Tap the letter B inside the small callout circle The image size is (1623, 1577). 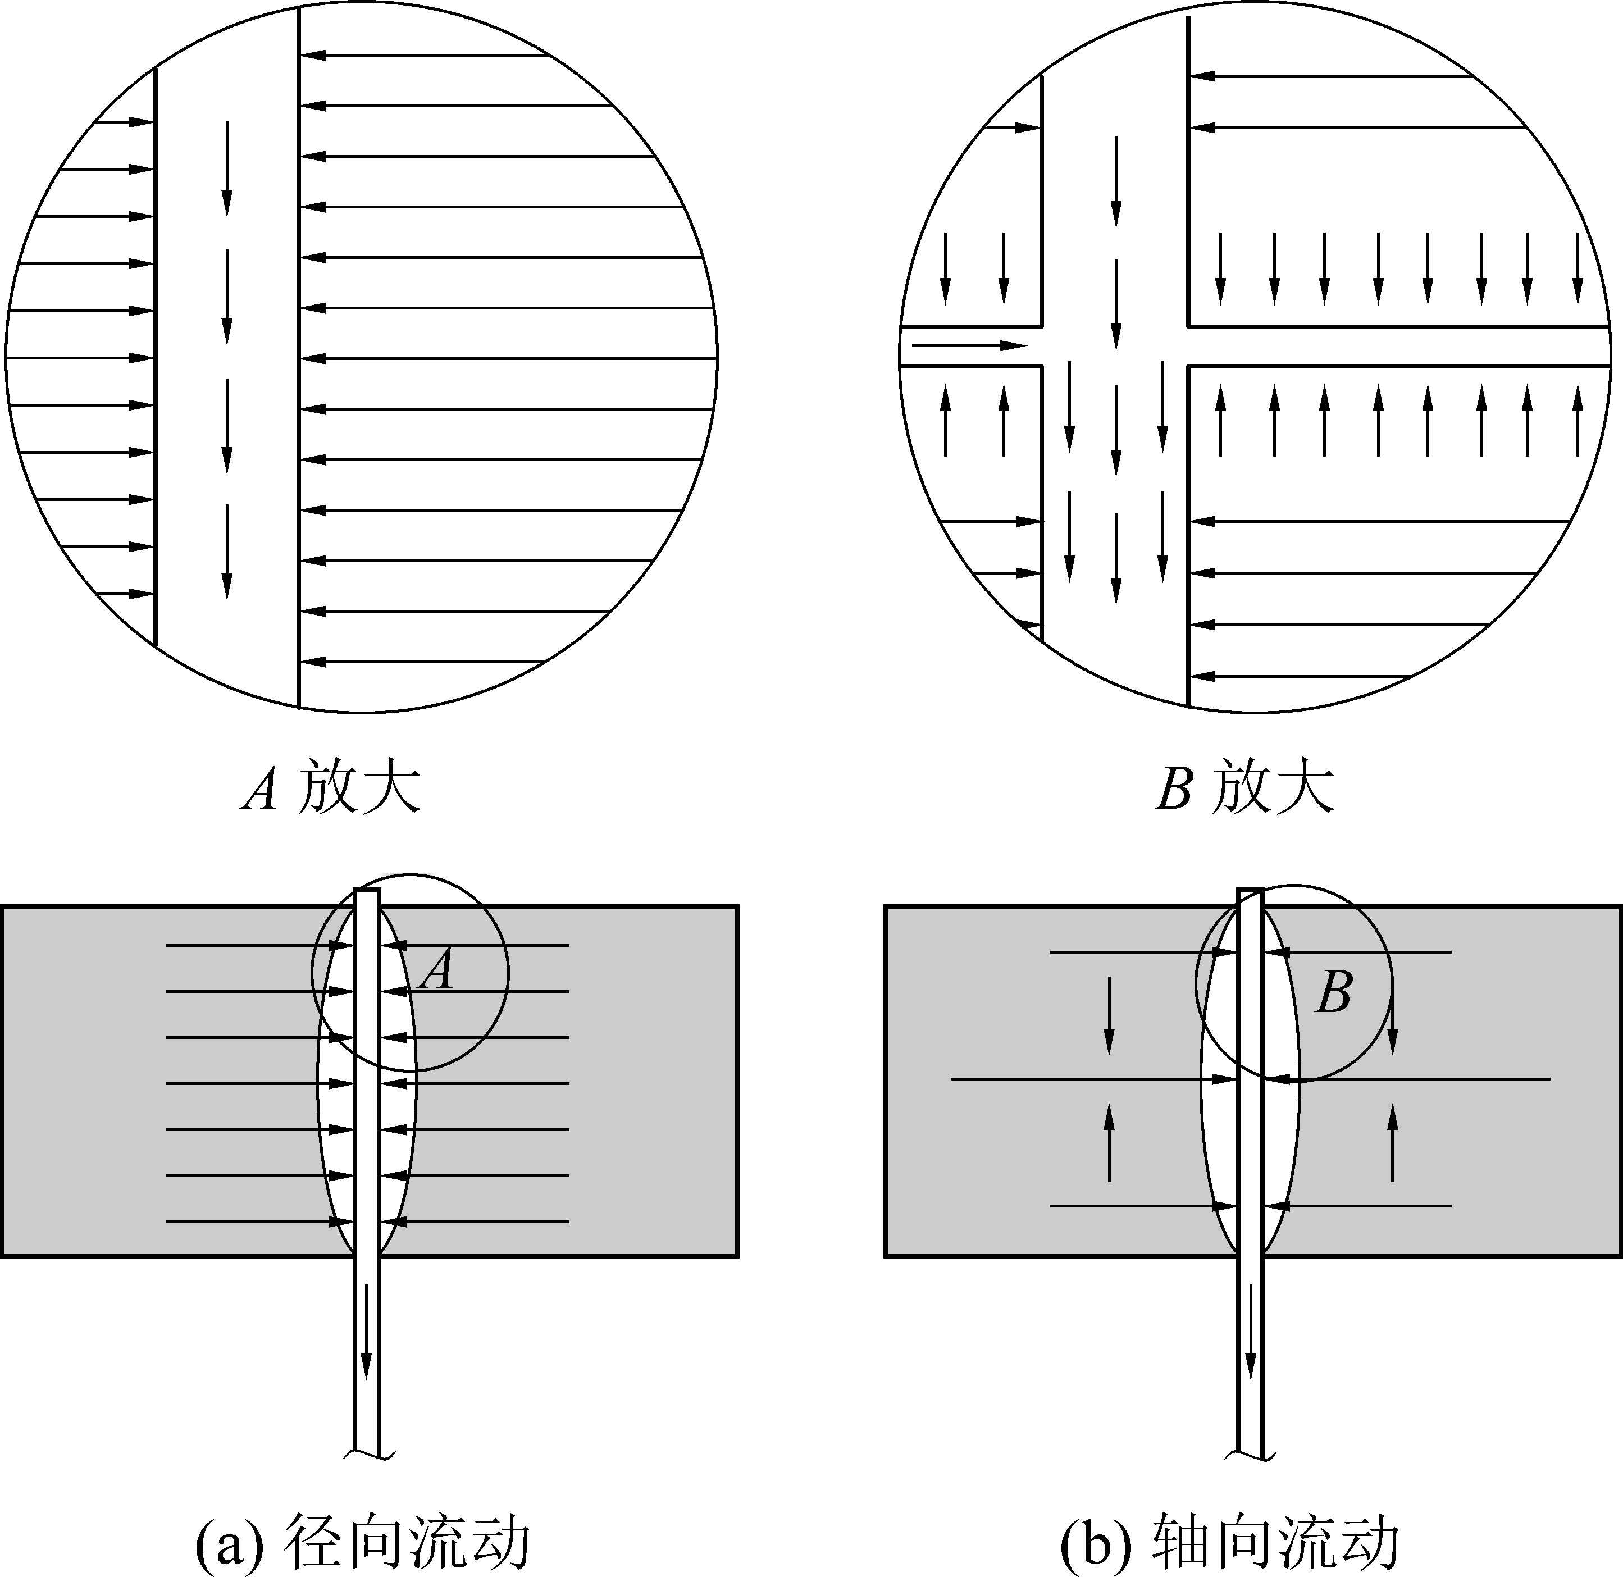coord(1334,991)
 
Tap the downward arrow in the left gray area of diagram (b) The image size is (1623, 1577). coord(1110,1015)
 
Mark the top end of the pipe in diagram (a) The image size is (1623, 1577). coord(367,890)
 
